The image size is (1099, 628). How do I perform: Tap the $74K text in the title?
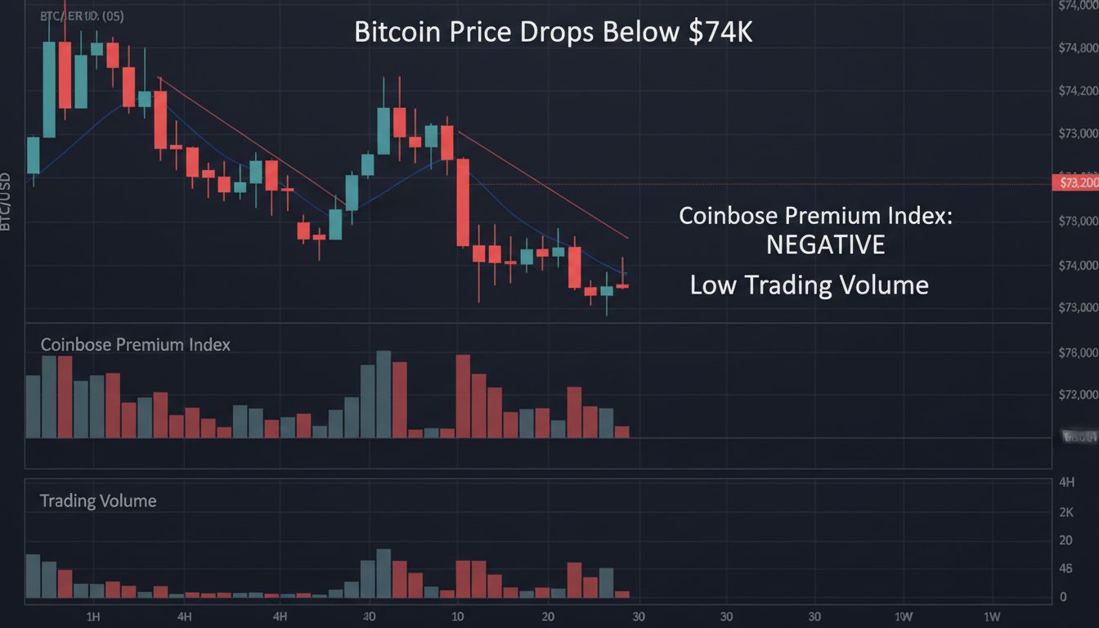pyautogui.click(x=719, y=31)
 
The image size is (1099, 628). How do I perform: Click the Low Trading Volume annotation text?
pyautogui.click(x=809, y=285)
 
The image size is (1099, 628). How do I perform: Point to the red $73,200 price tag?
pyautogui.click(x=1075, y=182)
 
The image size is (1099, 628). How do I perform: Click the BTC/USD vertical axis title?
pyautogui.click(x=6, y=201)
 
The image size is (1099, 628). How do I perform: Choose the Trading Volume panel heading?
pyautogui.click(x=98, y=500)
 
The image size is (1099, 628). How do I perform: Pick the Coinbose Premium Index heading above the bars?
pyautogui.click(x=136, y=344)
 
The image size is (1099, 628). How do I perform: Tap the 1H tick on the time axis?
pyautogui.click(x=92, y=616)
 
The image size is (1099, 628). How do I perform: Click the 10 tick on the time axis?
pyautogui.click(x=458, y=616)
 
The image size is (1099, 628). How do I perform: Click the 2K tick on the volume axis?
pyautogui.click(x=1065, y=512)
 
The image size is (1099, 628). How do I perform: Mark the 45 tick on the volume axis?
pyautogui.click(x=1065, y=568)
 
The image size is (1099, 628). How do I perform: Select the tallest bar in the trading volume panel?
pyautogui.click(x=384, y=573)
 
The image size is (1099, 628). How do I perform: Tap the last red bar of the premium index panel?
pyautogui.click(x=622, y=432)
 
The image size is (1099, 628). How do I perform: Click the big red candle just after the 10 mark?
pyautogui.click(x=463, y=202)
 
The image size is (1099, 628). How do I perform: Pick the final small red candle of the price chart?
pyautogui.click(x=622, y=286)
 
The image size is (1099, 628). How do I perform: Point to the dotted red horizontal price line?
pyautogui.click(x=736, y=184)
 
